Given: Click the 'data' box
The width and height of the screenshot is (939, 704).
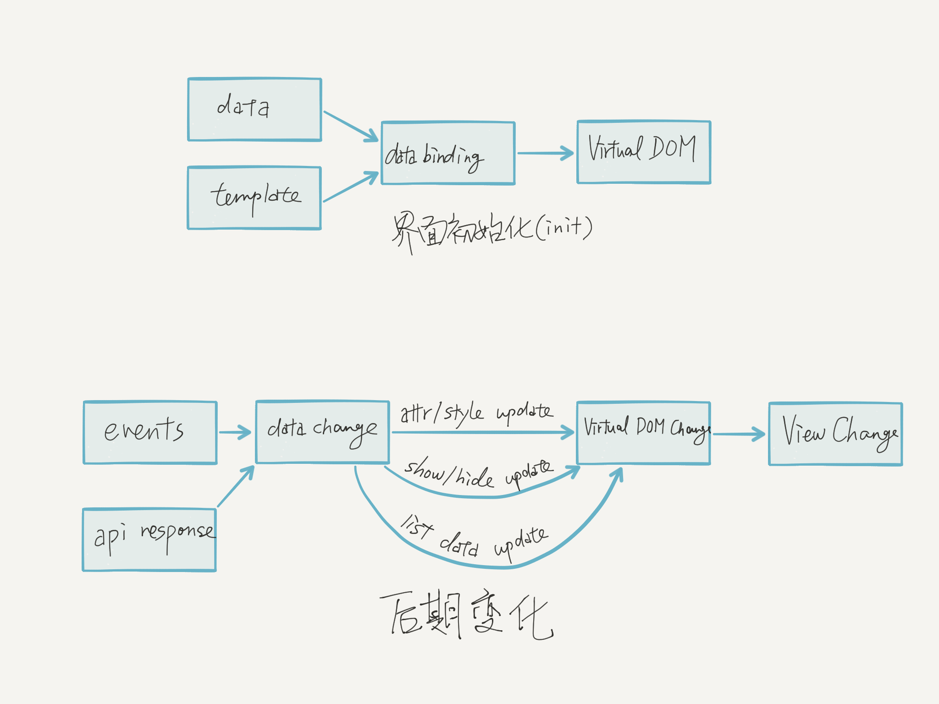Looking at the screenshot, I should click(x=254, y=110).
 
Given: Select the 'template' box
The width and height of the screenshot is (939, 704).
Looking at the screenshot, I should click(x=254, y=198).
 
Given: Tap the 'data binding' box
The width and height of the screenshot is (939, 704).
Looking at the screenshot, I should click(x=448, y=153).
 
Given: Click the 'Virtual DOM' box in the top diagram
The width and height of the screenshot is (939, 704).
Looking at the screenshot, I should click(x=644, y=152).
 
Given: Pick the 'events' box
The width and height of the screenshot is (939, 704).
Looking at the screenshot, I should click(x=150, y=433).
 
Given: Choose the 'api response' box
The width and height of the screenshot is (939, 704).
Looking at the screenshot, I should click(x=149, y=539).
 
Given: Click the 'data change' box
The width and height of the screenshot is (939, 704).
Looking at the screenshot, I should click(x=322, y=432).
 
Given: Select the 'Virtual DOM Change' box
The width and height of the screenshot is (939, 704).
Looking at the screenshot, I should click(x=643, y=433).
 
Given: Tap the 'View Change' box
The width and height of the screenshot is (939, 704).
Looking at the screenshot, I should click(x=835, y=434).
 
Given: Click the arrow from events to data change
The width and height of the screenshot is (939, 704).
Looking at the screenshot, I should click(x=235, y=432).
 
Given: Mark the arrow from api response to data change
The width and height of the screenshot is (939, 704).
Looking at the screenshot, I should click(x=236, y=486).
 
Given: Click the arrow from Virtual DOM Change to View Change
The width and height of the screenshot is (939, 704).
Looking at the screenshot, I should click(x=739, y=434).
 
